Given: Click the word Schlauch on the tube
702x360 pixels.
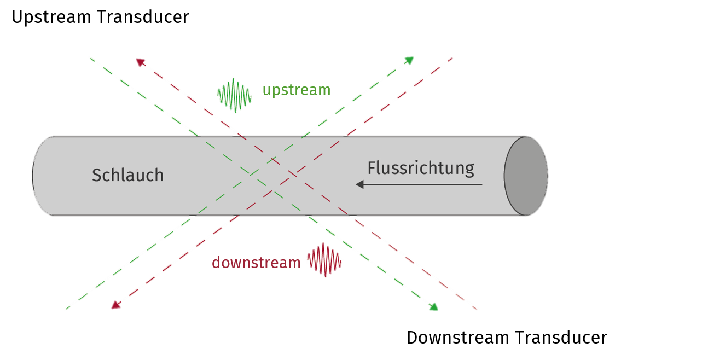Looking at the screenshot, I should [x=127, y=175].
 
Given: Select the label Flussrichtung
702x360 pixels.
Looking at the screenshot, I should [x=420, y=168].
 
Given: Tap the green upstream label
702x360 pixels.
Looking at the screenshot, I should [x=296, y=90].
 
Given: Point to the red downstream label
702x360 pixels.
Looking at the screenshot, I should [x=256, y=263].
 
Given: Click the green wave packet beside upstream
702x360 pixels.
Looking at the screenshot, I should [x=235, y=95].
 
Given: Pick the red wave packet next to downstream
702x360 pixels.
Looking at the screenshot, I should [x=324, y=260].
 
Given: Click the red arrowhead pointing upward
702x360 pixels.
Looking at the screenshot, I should [x=140, y=62].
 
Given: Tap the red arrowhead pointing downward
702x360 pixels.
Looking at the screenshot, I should [x=115, y=305].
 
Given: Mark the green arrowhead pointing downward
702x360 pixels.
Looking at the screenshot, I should [x=433, y=307].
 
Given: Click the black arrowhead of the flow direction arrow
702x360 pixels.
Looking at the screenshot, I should [x=359, y=184].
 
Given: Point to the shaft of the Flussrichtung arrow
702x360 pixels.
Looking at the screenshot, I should [x=421, y=184].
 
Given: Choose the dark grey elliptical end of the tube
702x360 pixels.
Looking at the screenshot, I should [x=526, y=176].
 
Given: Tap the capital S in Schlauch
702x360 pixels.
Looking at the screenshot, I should [x=96, y=175].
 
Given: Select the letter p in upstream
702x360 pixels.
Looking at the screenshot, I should [x=279, y=91].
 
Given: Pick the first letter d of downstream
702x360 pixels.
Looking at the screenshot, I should [x=216, y=263].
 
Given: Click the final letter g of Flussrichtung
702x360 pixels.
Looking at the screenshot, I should [x=469, y=170].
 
